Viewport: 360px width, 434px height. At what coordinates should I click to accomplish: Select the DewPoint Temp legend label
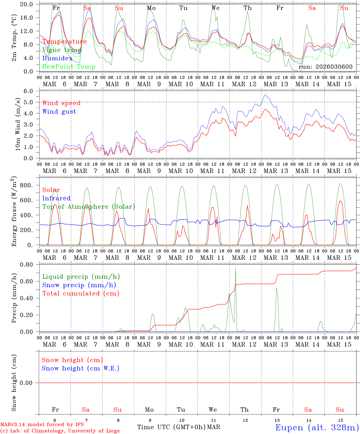[69, 67]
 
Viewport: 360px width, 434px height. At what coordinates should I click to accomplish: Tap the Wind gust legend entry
[59, 112]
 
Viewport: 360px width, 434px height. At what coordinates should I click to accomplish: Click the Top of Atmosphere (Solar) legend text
[88, 207]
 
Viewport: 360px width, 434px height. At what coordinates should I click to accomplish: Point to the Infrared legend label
[56, 198]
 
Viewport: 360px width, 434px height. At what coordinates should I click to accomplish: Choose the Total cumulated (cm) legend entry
[81, 293]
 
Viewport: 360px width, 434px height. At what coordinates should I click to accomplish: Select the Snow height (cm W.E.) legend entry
[81, 368]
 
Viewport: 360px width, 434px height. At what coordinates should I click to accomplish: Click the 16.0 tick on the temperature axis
[30, 18]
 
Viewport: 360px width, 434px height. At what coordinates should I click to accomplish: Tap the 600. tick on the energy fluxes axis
[30, 200]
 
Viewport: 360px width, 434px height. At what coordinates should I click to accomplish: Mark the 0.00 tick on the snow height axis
[30, 383]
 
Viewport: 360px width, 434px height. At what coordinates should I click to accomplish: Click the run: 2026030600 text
[325, 67]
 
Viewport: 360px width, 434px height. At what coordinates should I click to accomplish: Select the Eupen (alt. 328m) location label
[317, 427]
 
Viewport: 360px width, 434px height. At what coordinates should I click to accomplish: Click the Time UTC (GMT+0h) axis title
[171, 427]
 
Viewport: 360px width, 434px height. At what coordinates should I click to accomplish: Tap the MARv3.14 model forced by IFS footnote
[42, 425]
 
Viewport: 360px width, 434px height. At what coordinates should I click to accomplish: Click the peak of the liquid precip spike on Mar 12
[235, 269]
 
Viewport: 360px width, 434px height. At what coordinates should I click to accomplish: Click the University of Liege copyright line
[60, 431]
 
